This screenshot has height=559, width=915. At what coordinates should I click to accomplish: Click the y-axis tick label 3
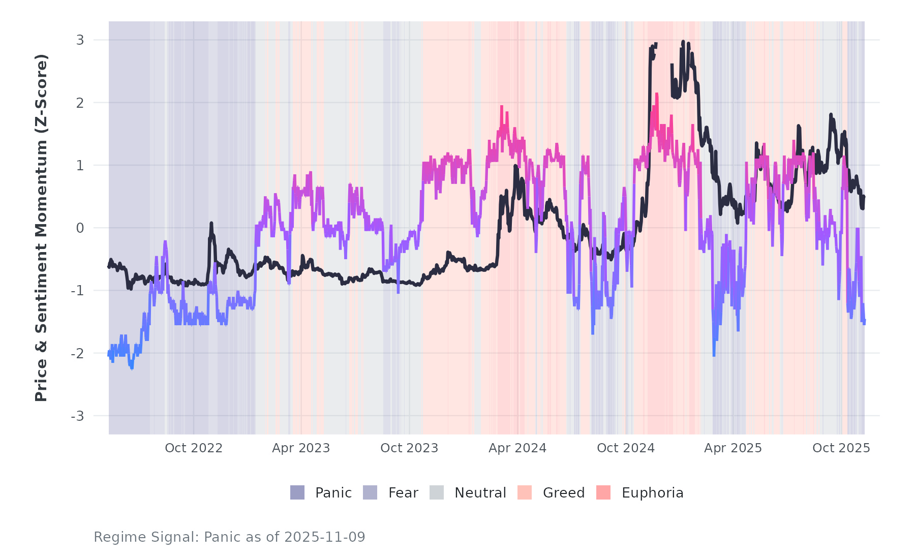click(x=80, y=40)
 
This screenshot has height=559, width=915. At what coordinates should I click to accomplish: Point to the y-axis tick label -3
click(x=77, y=416)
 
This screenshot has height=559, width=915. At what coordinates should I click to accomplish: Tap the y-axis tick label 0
click(x=80, y=228)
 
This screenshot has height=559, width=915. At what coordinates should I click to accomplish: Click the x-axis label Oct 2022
click(x=194, y=448)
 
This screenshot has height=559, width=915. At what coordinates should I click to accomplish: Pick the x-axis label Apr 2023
click(x=301, y=448)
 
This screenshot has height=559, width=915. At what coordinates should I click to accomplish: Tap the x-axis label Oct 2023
click(x=409, y=448)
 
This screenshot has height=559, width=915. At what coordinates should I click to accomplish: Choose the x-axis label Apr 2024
click(x=517, y=448)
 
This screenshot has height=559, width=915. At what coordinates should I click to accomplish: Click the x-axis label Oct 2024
click(x=626, y=448)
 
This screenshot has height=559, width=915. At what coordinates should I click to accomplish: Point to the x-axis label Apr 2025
click(x=733, y=448)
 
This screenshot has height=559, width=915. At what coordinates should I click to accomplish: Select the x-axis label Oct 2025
click(x=841, y=448)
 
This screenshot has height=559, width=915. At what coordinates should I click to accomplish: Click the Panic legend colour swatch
click(x=297, y=492)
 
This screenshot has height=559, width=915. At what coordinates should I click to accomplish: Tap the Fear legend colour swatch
click(x=370, y=492)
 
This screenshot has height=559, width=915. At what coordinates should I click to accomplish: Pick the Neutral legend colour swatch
click(x=437, y=492)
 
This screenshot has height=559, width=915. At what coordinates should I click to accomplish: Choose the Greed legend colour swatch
click(x=525, y=492)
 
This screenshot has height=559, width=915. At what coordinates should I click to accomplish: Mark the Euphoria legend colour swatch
click(x=603, y=492)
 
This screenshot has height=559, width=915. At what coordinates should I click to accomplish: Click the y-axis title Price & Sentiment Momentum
click(x=41, y=228)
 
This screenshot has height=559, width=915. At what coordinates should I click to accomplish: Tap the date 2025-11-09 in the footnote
click(x=325, y=537)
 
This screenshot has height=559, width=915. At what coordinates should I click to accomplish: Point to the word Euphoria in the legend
click(x=652, y=493)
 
